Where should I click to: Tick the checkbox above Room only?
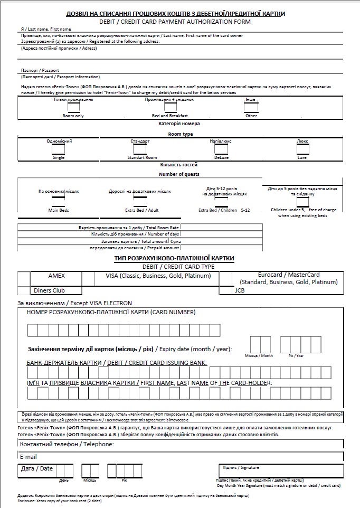pyautogui.click(x=74, y=107)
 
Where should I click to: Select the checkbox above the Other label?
pyautogui.click(x=251, y=107)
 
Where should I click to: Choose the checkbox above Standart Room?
pyautogui.click(x=140, y=149)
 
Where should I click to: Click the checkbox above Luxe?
pyautogui.click(x=302, y=149)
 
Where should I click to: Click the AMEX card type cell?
pyautogui.click(x=56, y=276)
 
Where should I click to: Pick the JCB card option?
pyautogui.click(x=240, y=290)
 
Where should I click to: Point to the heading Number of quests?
pyautogui.click(x=179, y=174)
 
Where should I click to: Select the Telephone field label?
pyautogui.click(x=67, y=445)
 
